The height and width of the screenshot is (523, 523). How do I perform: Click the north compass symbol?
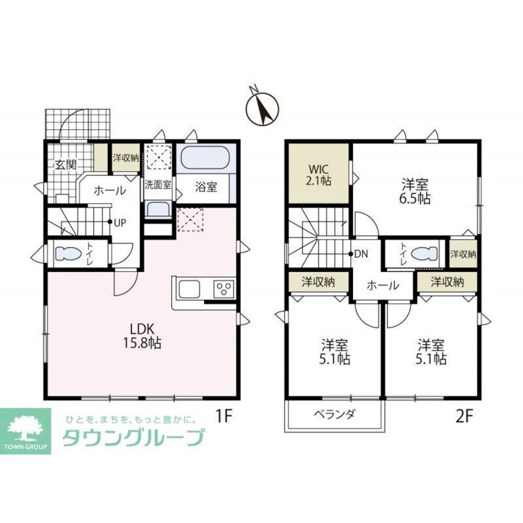(x=262, y=107)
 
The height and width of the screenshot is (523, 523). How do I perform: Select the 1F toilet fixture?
(x=68, y=253)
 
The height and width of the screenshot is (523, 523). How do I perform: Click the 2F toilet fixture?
(x=424, y=254)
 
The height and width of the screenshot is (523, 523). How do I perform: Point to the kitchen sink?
(x=189, y=289)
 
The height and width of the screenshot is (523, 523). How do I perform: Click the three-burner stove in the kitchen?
(x=224, y=289)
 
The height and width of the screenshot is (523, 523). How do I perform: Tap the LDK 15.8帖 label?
(x=142, y=336)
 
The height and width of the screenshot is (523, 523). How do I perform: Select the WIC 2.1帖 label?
(x=319, y=175)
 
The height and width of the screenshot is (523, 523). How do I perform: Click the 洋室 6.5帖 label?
(x=415, y=191)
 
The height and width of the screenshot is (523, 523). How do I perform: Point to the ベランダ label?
(x=335, y=414)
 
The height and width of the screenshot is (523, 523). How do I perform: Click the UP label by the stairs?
(x=120, y=222)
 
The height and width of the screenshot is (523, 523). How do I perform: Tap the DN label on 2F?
(x=361, y=254)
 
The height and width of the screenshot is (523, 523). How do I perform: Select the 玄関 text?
(x=66, y=164)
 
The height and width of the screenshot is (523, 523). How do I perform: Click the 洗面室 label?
(x=158, y=185)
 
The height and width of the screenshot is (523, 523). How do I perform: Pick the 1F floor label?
(x=223, y=416)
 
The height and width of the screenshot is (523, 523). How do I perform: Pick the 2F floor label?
(x=464, y=416)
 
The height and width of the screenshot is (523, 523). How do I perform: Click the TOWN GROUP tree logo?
(x=25, y=431)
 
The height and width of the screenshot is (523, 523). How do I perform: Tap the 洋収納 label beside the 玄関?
(x=126, y=157)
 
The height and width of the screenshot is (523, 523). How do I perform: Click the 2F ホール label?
(x=383, y=285)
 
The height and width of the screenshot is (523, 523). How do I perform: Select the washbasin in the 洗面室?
(x=158, y=209)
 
